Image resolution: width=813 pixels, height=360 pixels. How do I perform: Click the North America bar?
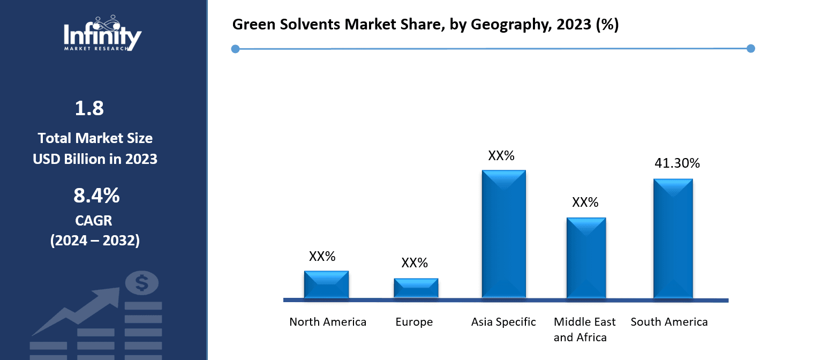click(326, 284)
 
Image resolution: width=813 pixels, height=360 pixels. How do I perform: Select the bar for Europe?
click(416, 288)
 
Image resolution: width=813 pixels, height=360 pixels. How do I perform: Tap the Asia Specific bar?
click(503, 234)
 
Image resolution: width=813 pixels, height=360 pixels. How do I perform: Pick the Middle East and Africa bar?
click(586, 258)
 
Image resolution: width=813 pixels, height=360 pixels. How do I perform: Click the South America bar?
click(673, 238)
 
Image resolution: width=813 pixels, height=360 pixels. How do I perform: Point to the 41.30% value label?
click(677, 163)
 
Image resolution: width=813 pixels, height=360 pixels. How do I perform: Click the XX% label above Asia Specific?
click(501, 156)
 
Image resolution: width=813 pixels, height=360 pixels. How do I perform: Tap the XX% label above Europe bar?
click(415, 263)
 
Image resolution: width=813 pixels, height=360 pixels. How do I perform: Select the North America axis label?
click(328, 322)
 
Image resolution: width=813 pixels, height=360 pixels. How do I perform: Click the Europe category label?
click(414, 322)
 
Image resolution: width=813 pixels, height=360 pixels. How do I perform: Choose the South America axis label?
click(669, 322)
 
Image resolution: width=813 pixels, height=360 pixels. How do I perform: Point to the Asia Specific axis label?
click(503, 322)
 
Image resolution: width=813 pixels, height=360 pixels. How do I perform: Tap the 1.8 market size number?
click(89, 109)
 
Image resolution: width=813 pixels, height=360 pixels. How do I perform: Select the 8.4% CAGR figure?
click(96, 196)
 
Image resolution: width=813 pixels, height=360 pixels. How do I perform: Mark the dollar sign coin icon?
click(141, 283)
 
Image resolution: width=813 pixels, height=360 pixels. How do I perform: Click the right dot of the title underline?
click(750, 49)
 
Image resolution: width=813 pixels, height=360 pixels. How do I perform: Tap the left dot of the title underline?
click(235, 49)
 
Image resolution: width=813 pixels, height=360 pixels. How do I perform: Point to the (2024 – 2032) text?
click(95, 241)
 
